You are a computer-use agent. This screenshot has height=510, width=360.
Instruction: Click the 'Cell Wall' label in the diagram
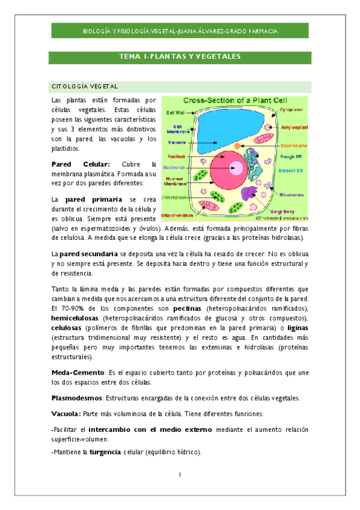tap(175, 112)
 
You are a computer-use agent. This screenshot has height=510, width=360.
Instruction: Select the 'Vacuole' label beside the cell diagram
tap(177, 143)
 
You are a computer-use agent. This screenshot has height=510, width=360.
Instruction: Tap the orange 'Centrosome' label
tap(293, 146)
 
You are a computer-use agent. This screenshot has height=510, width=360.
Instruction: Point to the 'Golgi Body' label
tap(291, 212)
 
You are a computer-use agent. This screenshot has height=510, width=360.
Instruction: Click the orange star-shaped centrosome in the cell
tap(237, 146)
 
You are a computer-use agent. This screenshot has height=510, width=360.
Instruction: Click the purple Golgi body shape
tap(250, 193)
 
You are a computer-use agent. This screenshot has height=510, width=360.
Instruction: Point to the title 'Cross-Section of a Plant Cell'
tap(235, 100)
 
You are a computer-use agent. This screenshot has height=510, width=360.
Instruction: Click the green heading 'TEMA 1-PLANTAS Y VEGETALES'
tap(180, 57)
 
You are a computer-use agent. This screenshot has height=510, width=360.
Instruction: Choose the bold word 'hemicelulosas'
tap(75, 318)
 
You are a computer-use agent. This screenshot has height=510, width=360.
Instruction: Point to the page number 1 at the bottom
tap(180, 475)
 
